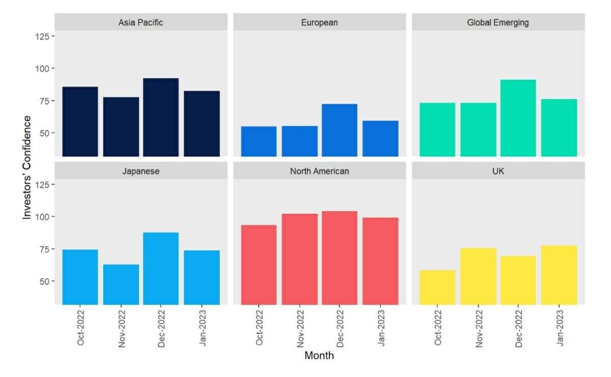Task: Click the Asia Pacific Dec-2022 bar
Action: coord(161,117)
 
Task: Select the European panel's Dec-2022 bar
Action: coord(340,130)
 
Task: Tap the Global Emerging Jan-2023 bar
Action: coord(559,128)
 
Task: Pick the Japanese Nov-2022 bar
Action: coord(121,284)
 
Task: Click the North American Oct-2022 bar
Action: coord(259,265)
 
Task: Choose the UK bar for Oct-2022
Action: coord(437,287)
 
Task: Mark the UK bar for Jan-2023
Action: coord(559,275)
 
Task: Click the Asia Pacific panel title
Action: coord(141,22)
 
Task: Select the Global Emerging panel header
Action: coord(498,22)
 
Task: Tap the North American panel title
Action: coord(320,171)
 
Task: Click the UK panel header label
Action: coord(498,171)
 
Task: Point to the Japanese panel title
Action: coord(141,171)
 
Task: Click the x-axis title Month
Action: coord(319,356)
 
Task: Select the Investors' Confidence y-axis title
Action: coord(27,167)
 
